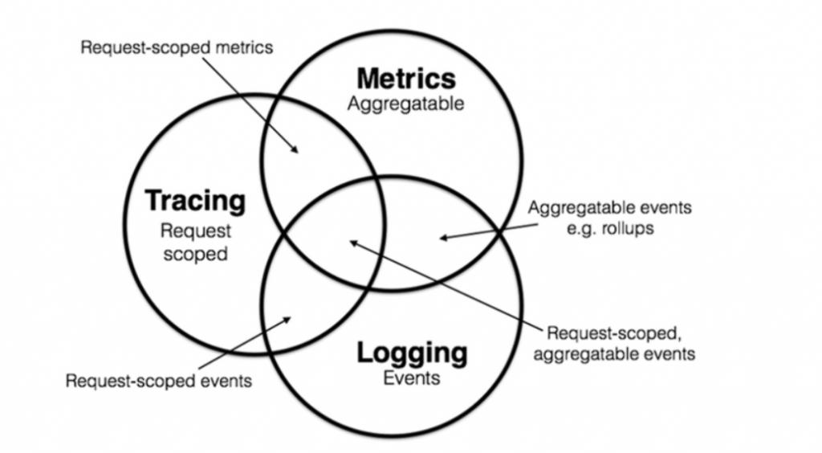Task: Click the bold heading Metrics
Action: [x=406, y=79]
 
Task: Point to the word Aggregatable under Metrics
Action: [x=405, y=104]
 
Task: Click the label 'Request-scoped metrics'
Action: [x=177, y=47]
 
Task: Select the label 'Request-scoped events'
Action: [x=158, y=381]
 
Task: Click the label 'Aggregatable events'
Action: [x=609, y=207]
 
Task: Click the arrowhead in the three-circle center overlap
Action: [x=350, y=240]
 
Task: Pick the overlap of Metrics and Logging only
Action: [x=450, y=241]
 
